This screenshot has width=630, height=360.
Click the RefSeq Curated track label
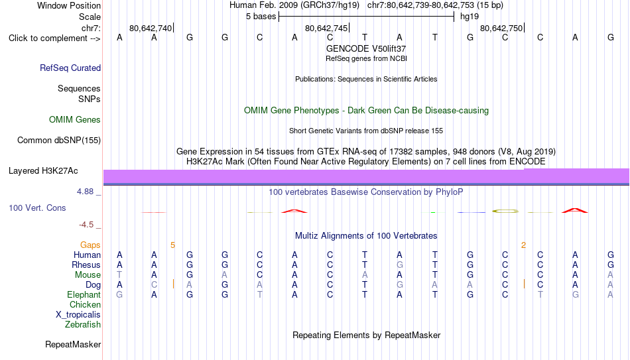70,68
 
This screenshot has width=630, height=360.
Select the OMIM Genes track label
75,120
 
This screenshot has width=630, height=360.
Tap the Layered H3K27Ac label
43,171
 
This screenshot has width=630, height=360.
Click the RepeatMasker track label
73,344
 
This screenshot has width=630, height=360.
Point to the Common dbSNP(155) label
59,141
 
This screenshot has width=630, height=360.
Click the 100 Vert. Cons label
37,208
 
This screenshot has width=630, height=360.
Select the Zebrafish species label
83,324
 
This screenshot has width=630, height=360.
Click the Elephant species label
84,294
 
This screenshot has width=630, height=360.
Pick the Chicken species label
85,304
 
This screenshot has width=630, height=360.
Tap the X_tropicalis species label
78,315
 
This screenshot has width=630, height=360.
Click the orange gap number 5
173,245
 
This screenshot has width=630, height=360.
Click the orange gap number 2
523,245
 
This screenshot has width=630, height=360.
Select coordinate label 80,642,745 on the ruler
326,28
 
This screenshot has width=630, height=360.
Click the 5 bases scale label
261,17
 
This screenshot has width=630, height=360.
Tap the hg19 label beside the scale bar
470,17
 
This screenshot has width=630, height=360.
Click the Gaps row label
90,245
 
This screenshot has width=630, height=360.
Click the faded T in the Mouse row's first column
119,275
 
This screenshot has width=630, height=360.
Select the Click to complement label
54,38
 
